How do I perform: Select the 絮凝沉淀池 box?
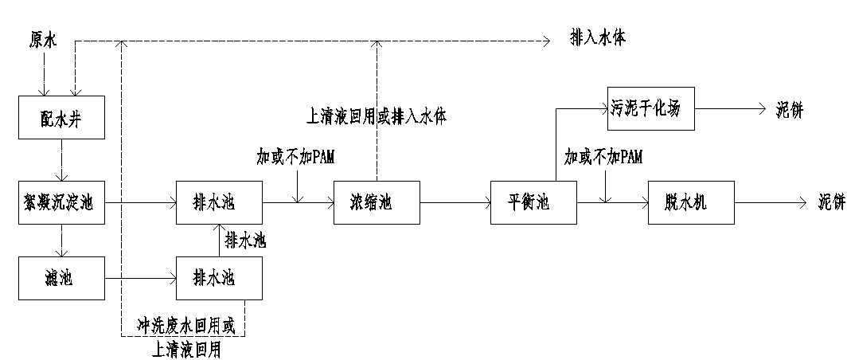tap(60, 204)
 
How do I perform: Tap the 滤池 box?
tap(60, 279)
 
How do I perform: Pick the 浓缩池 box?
tap(376, 204)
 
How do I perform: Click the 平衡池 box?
tap(532, 204)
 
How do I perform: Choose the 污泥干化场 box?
tap(651, 108)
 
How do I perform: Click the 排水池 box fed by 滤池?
tap(219, 279)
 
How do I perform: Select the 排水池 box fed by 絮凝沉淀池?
tap(219, 204)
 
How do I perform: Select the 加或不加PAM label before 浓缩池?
tap(295, 157)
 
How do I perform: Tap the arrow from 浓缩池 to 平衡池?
tap(454, 204)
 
